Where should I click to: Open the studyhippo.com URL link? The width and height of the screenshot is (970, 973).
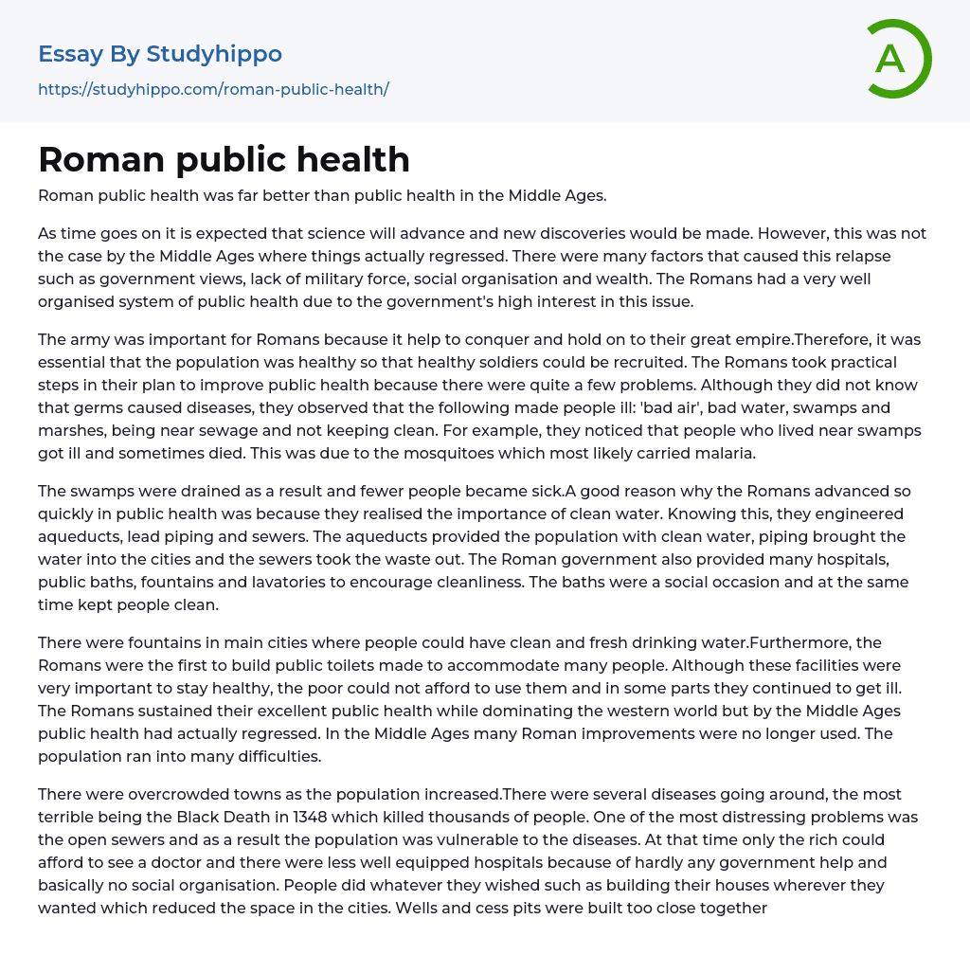tap(213, 89)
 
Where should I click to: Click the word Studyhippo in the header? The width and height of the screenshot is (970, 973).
tap(214, 54)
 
